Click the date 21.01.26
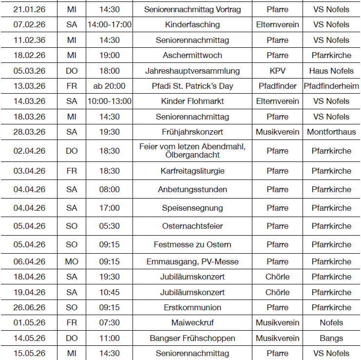(29, 9)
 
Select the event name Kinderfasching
(192, 24)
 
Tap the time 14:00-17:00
(110, 24)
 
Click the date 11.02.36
(29, 40)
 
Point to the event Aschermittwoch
(192, 55)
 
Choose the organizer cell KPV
(278, 71)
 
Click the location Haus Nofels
(331, 71)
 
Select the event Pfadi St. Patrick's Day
(192, 86)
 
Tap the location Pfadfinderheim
(331, 86)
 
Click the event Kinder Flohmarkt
(192, 101)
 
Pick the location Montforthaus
(331, 132)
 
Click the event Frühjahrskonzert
(192, 132)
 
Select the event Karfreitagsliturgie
(192, 171)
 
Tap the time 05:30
(110, 226)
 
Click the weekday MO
(72, 261)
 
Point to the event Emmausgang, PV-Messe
(192, 261)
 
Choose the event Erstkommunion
(192, 307)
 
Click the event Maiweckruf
(192, 322)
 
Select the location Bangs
(331, 338)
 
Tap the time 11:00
(110, 338)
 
